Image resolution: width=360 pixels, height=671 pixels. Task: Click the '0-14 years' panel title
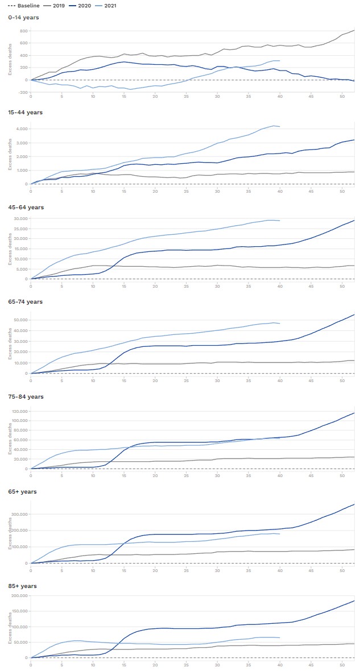[23, 18]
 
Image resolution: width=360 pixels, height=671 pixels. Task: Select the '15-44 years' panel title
[25, 113]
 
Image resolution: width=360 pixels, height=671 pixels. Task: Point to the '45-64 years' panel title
[26, 208]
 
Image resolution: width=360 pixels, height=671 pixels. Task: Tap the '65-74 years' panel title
[26, 302]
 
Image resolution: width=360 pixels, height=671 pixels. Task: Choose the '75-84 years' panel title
[26, 397]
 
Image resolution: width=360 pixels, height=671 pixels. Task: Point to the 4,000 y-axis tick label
[22, 129]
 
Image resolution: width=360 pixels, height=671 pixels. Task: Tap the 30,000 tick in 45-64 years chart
[20, 219]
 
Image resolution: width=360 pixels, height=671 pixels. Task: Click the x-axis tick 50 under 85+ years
[342, 664]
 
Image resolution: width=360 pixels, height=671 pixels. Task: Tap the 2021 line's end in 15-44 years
[279, 126]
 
